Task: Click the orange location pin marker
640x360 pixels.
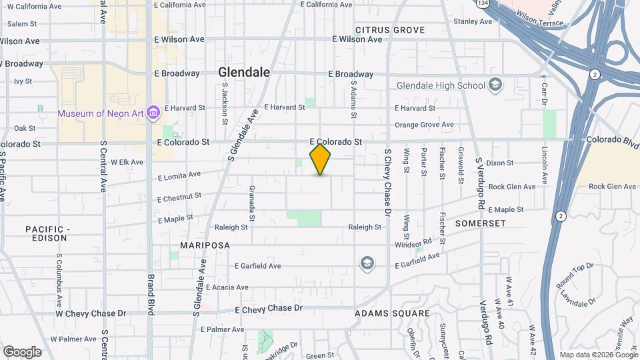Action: [321, 159]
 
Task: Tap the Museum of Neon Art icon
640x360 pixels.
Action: [153, 113]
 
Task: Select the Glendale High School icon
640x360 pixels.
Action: [495, 85]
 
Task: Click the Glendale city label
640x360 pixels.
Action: [245, 72]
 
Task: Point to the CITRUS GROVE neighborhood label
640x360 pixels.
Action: [390, 30]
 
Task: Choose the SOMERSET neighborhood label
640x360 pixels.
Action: [481, 223]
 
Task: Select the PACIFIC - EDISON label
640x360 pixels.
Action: [47, 233]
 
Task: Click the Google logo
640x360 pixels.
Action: [22, 351]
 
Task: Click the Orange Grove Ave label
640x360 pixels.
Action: [424, 125]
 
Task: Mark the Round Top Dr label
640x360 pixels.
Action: [575, 275]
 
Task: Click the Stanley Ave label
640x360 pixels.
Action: [472, 21]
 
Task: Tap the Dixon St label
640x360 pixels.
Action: [500, 163]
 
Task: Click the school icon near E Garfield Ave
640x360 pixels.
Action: [366, 263]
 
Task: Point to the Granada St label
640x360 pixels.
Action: [252, 202]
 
